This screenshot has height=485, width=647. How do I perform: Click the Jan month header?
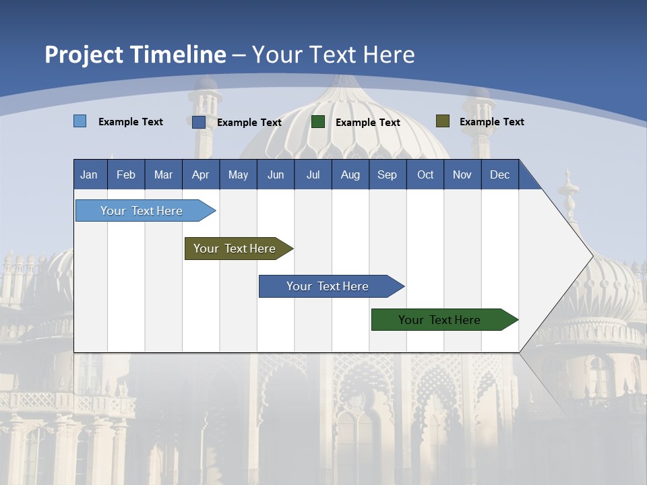click(x=89, y=174)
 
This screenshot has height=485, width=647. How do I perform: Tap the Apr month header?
click(x=200, y=174)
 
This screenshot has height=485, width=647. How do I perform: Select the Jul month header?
click(x=313, y=174)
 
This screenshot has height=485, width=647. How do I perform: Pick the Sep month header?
click(x=387, y=174)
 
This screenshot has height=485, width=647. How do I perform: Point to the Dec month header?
click(x=499, y=174)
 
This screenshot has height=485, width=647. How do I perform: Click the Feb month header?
click(x=126, y=174)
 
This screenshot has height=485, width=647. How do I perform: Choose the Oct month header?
click(x=425, y=174)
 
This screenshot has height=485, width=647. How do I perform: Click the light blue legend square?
click(x=80, y=121)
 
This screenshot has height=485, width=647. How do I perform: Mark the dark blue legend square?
click(x=198, y=122)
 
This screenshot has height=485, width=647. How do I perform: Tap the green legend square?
click(x=318, y=122)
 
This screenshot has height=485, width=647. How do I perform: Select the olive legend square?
click(x=442, y=121)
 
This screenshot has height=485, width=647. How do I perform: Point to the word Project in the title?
click(x=84, y=55)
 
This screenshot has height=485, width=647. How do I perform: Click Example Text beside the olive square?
click(x=491, y=121)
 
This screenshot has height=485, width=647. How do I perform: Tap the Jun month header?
click(x=275, y=174)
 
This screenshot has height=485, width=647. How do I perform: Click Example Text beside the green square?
click(x=367, y=122)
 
